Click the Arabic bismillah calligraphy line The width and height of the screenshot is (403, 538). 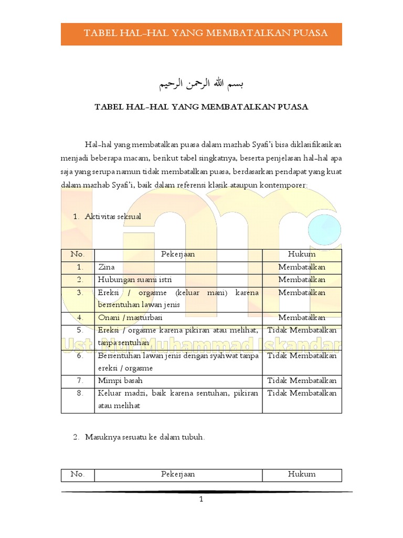point(201,84)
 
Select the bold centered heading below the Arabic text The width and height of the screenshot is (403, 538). point(201,107)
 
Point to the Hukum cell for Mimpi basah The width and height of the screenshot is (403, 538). point(302,380)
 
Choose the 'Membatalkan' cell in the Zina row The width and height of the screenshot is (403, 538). point(302,267)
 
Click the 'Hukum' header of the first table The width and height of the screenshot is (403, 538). point(302,254)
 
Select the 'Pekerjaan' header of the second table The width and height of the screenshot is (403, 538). point(178,474)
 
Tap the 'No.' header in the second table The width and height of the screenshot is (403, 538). point(78,474)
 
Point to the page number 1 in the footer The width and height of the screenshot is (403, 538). point(201,500)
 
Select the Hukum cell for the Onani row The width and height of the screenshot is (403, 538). point(302,317)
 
